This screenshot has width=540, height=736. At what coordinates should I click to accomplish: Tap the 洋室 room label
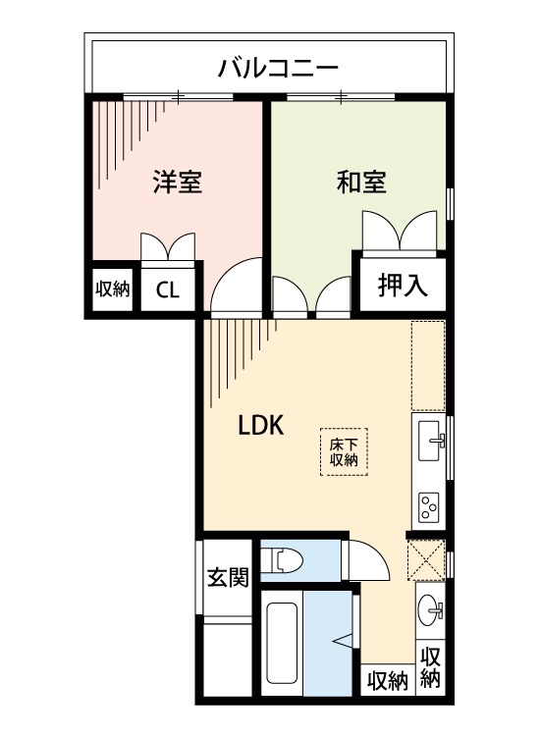tap(177, 182)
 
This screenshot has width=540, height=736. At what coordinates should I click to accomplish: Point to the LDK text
tap(260, 425)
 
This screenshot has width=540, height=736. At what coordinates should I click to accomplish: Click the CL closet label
tap(168, 289)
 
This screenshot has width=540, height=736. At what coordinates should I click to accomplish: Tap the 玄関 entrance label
tap(227, 577)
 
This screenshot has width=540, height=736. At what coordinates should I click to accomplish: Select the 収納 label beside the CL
tap(112, 289)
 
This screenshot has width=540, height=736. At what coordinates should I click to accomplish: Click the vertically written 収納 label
tap(430, 667)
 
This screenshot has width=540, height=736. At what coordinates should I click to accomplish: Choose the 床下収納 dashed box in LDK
tap(343, 451)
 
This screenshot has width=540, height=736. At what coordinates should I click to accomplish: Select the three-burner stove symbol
tap(429, 507)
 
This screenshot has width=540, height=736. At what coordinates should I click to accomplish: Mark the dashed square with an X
tap(426, 561)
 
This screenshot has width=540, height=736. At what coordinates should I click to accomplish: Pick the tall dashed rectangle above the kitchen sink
tap(428, 366)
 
